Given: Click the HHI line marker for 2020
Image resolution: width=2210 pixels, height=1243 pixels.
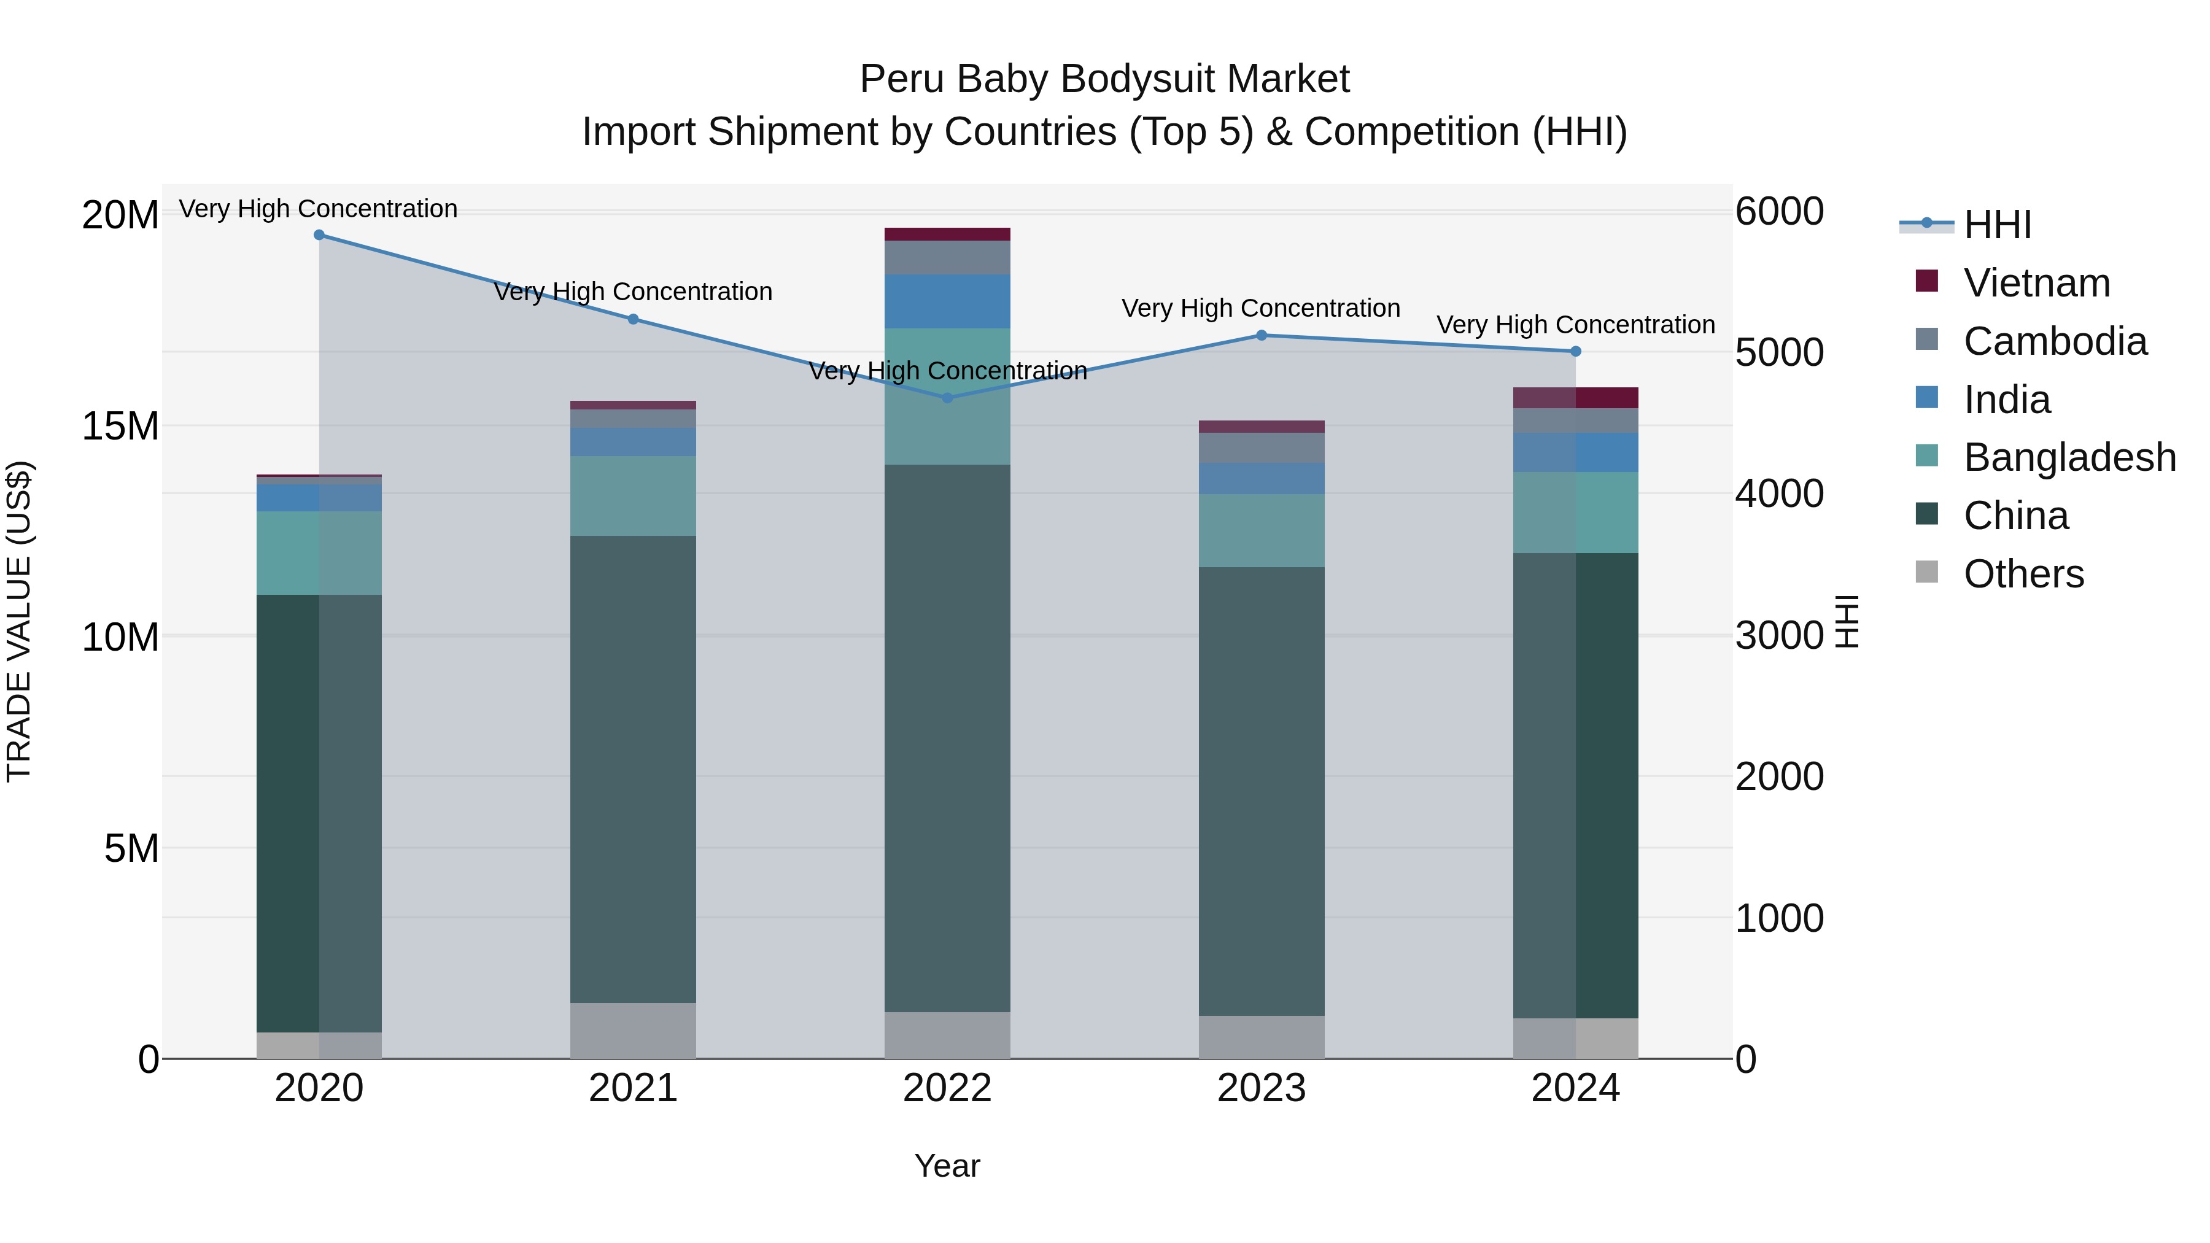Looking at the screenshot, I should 319,234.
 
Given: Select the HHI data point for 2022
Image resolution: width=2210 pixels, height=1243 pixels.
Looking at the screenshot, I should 947,397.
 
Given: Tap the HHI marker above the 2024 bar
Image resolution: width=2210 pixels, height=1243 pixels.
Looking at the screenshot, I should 1575,351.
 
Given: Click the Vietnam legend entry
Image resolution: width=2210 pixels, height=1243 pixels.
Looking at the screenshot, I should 2036,283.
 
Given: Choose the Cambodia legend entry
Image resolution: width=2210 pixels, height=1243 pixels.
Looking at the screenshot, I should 2055,341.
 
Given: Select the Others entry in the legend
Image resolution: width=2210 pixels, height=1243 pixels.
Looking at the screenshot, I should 2023,574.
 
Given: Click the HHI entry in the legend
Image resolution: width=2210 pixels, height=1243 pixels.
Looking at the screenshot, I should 1996,225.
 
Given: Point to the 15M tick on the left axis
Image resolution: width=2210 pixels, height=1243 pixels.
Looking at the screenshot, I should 120,425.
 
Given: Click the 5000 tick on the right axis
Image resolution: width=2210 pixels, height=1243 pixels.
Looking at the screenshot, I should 1779,352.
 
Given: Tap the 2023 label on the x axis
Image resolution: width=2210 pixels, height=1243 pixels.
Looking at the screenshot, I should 1261,1088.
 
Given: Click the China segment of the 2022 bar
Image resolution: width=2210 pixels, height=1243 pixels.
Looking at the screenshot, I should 947,738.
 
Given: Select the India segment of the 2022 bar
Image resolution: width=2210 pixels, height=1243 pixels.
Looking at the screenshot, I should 947,301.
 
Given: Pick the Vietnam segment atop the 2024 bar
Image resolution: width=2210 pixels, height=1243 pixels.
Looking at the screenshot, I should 1575,397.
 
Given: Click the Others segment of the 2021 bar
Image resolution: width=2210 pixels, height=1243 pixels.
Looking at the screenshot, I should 633,1030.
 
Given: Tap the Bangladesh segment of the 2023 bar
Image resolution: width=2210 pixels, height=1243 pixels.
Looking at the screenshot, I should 1261,530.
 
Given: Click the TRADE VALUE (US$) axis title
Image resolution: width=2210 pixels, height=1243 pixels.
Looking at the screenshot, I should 19,621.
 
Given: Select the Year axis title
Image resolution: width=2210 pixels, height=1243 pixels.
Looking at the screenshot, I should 947,1166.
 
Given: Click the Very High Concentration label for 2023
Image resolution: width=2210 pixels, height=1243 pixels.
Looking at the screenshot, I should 1260,308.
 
